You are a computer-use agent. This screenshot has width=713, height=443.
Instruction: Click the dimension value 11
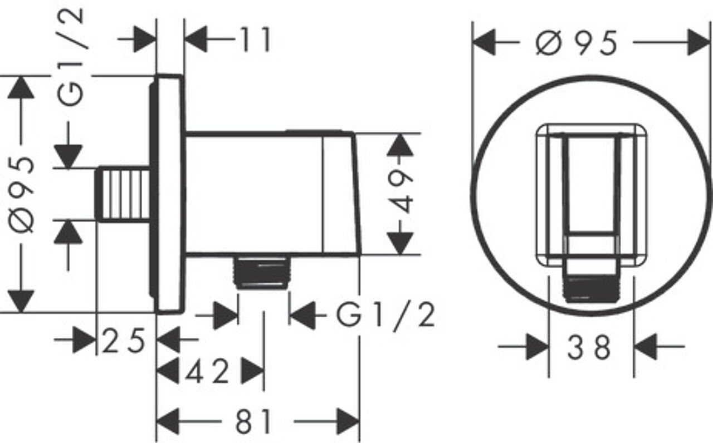[256, 40]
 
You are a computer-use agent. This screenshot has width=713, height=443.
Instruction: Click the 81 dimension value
[253, 422]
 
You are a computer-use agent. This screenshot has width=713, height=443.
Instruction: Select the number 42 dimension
[207, 371]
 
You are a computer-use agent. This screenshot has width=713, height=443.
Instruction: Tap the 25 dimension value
[124, 341]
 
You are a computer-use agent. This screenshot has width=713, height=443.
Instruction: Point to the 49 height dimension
[400, 192]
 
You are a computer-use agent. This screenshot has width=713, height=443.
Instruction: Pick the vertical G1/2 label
[71, 57]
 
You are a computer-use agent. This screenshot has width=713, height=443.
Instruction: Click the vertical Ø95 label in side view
[21, 195]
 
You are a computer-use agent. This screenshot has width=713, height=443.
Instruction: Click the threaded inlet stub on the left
[123, 194]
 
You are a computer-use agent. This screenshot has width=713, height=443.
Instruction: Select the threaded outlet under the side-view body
[261, 272]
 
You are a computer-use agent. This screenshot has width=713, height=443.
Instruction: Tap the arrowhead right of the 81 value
[348, 422]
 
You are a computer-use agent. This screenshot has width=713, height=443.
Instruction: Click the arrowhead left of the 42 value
[168, 371]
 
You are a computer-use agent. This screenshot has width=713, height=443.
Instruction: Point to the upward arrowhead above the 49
[400, 145]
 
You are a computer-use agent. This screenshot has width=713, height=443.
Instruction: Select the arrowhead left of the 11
[196, 39]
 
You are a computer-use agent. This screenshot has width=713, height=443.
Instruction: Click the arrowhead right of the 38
[645, 347]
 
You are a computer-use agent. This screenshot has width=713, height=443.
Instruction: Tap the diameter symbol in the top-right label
[549, 43]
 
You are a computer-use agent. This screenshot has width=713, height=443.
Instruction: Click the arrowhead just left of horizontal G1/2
[302, 315]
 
